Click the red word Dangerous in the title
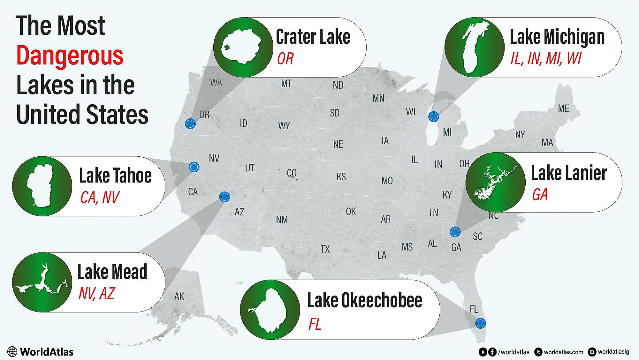70,56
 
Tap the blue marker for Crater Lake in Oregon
190,124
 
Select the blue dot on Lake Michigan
433,117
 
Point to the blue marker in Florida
480,323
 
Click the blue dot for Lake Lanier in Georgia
455,232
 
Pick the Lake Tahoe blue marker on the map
194,167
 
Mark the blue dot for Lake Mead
224,197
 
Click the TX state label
325,249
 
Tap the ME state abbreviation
563,109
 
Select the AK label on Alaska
179,296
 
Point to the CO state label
292,173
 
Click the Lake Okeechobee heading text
364,300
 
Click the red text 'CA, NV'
100,198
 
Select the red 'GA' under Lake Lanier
540,195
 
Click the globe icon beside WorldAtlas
12,352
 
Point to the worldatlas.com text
563,352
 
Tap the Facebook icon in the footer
492,352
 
